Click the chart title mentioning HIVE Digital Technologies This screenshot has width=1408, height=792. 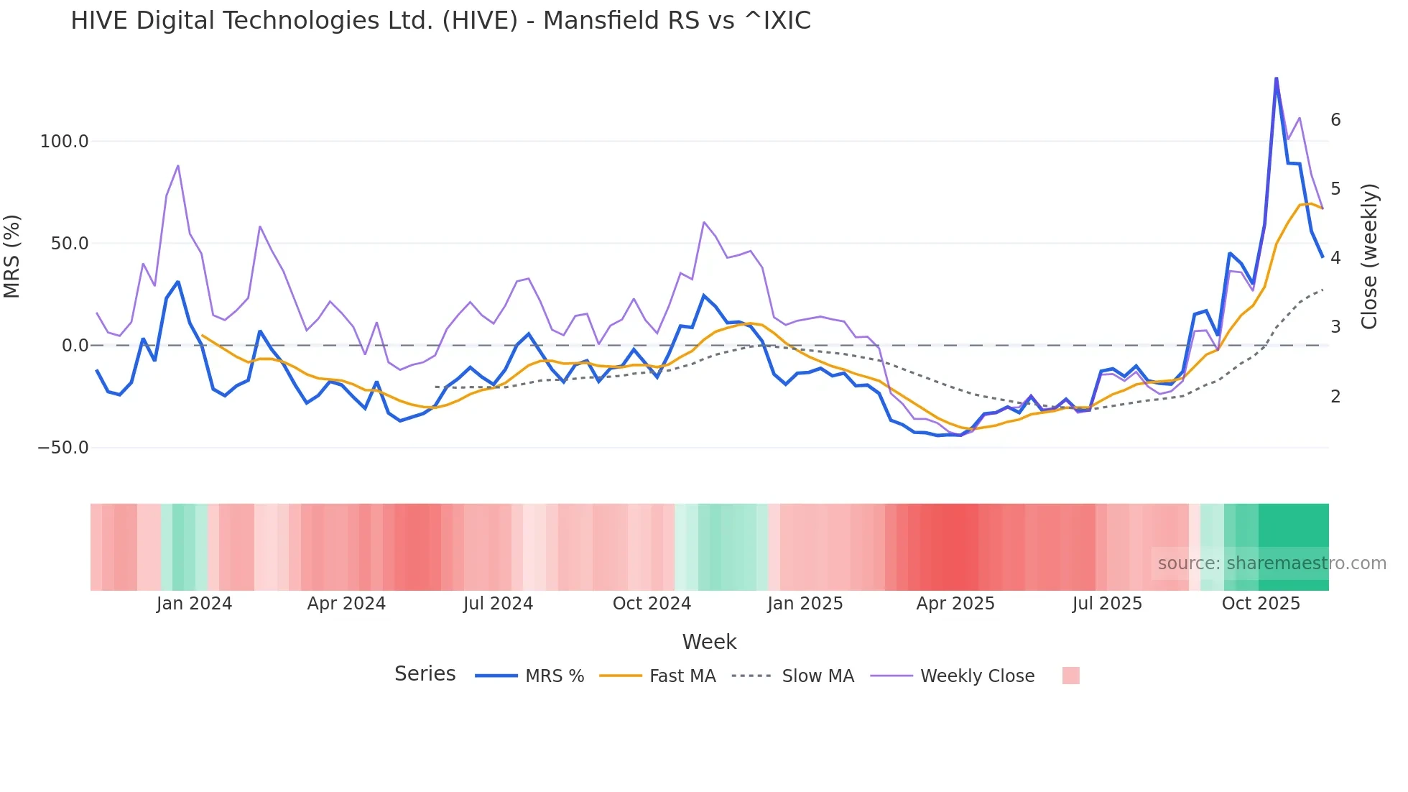tap(440, 21)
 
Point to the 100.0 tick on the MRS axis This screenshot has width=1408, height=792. tap(64, 142)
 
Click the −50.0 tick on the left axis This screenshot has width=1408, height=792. tap(62, 448)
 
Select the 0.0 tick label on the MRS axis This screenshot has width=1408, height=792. tap(75, 346)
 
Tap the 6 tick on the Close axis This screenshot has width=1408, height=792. tap(1335, 120)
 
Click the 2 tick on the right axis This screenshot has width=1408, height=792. tap(1335, 397)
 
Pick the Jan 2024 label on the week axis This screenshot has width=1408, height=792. tap(194, 604)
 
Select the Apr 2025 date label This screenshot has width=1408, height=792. tap(955, 604)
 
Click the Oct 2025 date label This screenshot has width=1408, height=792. tap(1261, 604)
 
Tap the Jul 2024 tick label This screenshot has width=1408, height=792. tap(498, 604)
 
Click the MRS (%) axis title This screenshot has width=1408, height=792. tap(12, 257)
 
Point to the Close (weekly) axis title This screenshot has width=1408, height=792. tap(1369, 257)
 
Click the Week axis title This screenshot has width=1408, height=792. tap(709, 642)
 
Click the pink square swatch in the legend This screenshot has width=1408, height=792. tap(1070, 676)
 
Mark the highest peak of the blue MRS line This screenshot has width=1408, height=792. tap(1276, 78)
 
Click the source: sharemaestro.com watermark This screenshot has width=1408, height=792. tap(1272, 563)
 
